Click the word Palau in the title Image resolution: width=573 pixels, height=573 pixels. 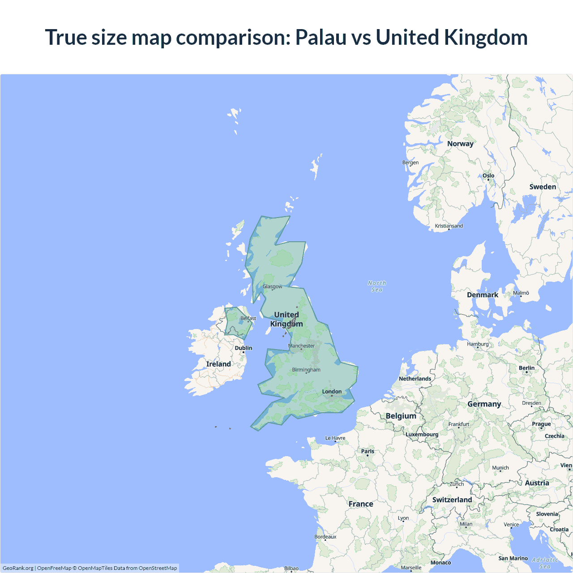click(x=321, y=37)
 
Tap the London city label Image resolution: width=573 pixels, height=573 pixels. click(x=332, y=392)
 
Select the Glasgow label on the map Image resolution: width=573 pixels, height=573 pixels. click(x=272, y=286)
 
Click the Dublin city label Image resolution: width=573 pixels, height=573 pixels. click(x=244, y=348)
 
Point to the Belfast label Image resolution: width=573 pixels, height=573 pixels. click(x=248, y=318)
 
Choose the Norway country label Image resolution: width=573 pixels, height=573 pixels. click(x=460, y=144)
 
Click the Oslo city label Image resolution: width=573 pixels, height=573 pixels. click(x=488, y=175)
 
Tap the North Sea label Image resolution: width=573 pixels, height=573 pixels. click(x=377, y=286)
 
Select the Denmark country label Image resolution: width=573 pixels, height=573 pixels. click(x=482, y=295)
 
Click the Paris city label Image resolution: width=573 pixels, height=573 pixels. click(x=368, y=451)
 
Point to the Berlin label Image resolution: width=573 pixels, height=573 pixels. click(x=526, y=368)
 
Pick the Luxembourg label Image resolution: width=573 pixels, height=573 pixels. click(x=422, y=434)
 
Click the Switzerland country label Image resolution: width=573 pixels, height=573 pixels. click(x=452, y=500)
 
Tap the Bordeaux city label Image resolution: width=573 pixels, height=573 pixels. click(x=325, y=537)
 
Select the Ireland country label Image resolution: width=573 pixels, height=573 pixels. click(x=218, y=364)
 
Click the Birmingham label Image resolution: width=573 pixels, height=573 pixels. click(x=306, y=370)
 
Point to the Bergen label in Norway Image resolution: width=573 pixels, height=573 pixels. click(x=411, y=162)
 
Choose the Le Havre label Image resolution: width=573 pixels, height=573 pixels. click(x=335, y=438)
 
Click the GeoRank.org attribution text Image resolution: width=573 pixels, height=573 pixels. click(x=18, y=568)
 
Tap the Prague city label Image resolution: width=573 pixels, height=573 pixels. click(x=541, y=424)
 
